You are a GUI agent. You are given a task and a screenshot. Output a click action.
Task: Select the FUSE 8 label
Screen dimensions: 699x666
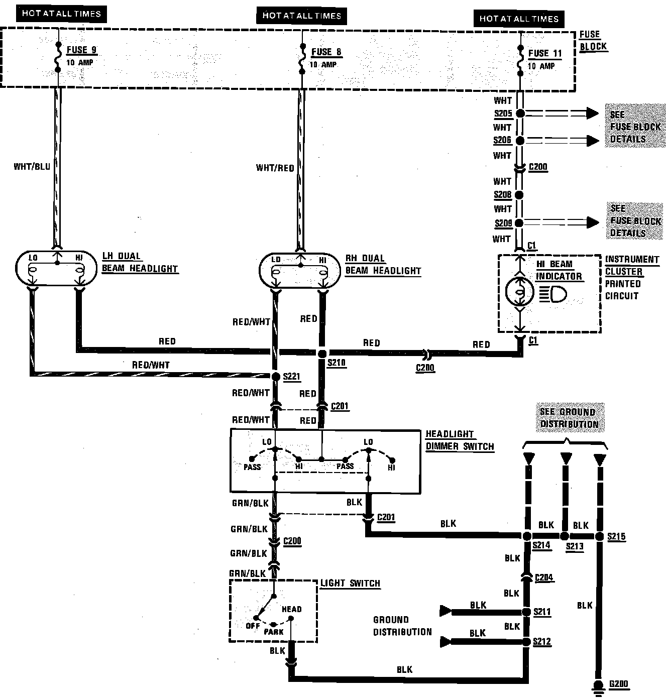click(x=326, y=52)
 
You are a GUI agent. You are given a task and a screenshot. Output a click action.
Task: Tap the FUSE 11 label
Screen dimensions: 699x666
click(x=544, y=53)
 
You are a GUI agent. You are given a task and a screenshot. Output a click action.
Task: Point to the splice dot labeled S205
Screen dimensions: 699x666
click(x=520, y=113)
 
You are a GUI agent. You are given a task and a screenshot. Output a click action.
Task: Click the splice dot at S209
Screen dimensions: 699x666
click(x=519, y=222)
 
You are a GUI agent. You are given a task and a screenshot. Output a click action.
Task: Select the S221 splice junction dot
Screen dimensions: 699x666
click(x=275, y=376)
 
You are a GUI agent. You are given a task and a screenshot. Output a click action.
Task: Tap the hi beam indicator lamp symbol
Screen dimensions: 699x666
click(x=518, y=292)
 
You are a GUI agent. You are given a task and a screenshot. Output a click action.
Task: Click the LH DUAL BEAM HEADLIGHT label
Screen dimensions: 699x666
click(x=140, y=262)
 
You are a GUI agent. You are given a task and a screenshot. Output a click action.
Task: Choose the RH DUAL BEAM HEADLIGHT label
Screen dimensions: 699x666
click(x=383, y=265)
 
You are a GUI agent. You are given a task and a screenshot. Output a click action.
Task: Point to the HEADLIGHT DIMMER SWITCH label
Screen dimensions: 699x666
click(x=460, y=440)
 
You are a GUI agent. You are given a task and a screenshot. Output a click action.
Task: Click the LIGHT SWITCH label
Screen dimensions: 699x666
click(x=350, y=583)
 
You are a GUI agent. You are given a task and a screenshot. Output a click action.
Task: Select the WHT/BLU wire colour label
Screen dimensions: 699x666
click(x=32, y=166)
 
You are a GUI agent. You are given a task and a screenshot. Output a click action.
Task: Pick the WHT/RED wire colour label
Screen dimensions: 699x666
click(x=275, y=168)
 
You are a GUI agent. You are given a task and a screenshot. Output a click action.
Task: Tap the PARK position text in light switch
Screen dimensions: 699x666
click(x=274, y=632)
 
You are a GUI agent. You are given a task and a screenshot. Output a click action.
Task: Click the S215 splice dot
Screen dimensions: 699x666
click(x=599, y=536)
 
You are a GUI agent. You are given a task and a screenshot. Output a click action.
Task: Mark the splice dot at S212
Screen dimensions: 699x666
click(x=526, y=642)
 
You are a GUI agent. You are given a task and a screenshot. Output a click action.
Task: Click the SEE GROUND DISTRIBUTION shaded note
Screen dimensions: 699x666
click(x=569, y=418)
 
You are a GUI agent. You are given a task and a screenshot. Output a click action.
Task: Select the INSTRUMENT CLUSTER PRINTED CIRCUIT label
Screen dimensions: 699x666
click(x=631, y=277)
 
